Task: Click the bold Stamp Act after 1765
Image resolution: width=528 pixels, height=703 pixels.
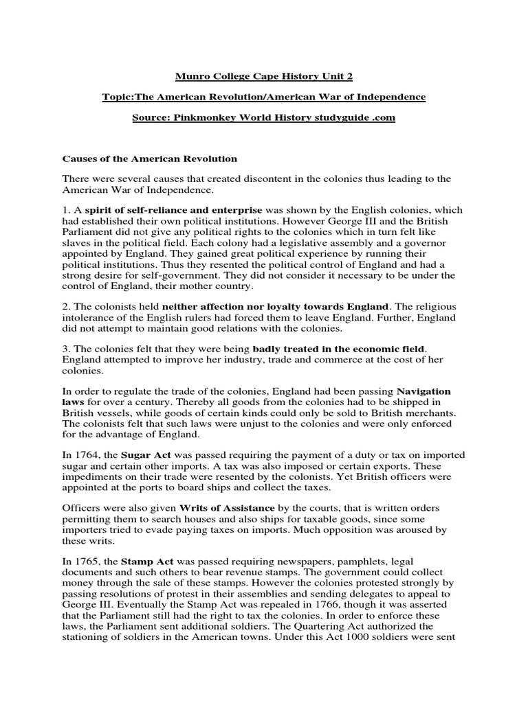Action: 146,561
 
